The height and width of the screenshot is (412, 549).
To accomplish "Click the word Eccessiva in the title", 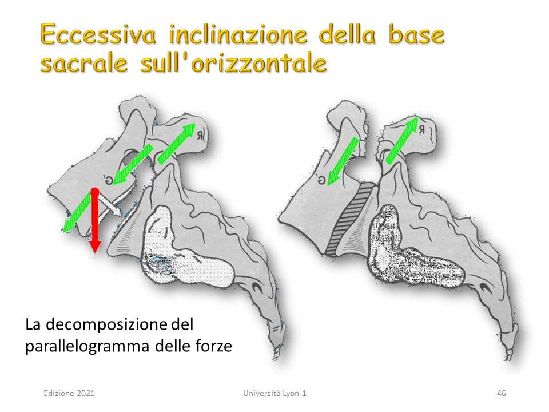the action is pyautogui.click(x=98, y=35).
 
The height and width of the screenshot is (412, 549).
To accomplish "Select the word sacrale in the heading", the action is pyautogui.click(x=84, y=63).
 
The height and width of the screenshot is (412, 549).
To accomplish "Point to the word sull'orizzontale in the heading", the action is pyautogui.click(x=233, y=63).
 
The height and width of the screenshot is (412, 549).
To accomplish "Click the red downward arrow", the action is pyautogui.click(x=94, y=221).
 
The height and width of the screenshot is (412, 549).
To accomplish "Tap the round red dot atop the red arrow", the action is pyautogui.click(x=94, y=192).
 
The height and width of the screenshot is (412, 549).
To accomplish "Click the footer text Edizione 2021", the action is pyautogui.click(x=69, y=393).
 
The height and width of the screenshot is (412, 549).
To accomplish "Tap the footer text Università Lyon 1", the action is pyautogui.click(x=274, y=393).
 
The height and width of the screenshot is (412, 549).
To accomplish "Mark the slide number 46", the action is pyautogui.click(x=502, y=393).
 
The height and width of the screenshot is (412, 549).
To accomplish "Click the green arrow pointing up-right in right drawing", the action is pyautogui.click(x=402, y=140).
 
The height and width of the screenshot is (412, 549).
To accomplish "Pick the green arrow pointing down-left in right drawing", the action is pyautogui.click(x=343, y=160).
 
